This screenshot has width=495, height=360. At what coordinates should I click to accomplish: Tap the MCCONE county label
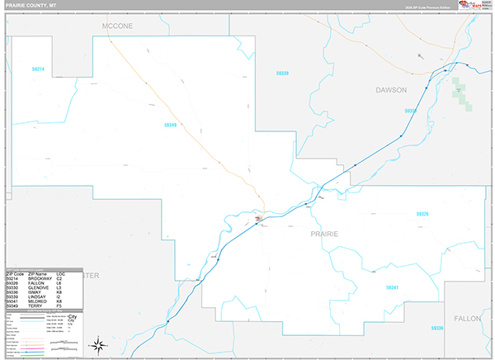[x=117, y=26]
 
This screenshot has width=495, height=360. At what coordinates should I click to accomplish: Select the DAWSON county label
[x=391, y=89]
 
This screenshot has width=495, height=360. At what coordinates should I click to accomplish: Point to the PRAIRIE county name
[x=323, y=234]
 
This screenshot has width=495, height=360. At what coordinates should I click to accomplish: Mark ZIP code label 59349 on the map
[x=171, y=126]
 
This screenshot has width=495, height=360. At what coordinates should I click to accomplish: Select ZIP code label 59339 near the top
[x=282, y=73]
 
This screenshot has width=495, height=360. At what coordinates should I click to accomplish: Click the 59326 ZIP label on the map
[x=423, y=214]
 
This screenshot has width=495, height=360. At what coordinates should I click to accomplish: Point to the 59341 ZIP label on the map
[x=392, y=287]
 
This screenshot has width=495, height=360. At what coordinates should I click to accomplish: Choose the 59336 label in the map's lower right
[x=436, y=328]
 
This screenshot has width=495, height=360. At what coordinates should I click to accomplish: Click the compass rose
[x=98, y=343]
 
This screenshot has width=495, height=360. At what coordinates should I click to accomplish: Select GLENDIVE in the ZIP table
[x=40, y=287]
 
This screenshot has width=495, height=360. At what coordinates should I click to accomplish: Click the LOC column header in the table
[x=61, y=273]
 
